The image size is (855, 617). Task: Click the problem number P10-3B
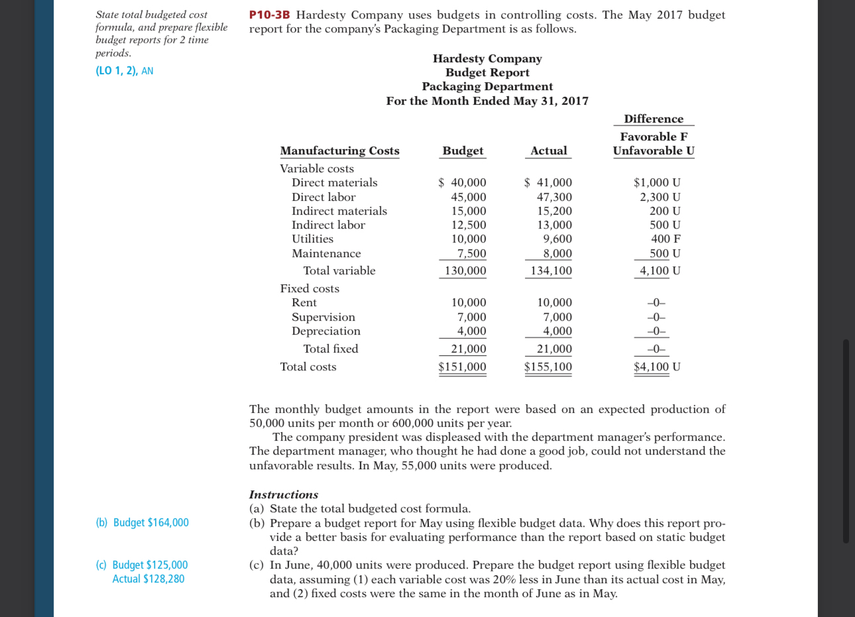270,15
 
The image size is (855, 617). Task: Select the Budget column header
463,150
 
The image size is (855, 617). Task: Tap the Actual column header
549,150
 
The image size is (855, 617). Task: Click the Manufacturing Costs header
339,150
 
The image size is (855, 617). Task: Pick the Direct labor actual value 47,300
554,197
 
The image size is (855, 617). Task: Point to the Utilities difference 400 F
665,239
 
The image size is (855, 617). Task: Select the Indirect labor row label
328,225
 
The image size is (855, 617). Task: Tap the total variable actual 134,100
551,270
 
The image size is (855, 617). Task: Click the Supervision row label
323,317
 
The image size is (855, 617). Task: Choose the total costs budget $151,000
462,366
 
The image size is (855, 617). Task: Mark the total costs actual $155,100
548,366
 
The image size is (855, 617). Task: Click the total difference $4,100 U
657,366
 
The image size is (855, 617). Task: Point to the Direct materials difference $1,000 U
657,182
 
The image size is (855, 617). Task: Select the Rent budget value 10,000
469,302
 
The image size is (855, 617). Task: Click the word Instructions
283,494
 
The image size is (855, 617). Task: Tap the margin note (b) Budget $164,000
142,522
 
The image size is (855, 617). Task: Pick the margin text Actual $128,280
148,579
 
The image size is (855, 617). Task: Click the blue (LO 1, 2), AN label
125,71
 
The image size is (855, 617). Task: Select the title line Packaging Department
487,86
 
